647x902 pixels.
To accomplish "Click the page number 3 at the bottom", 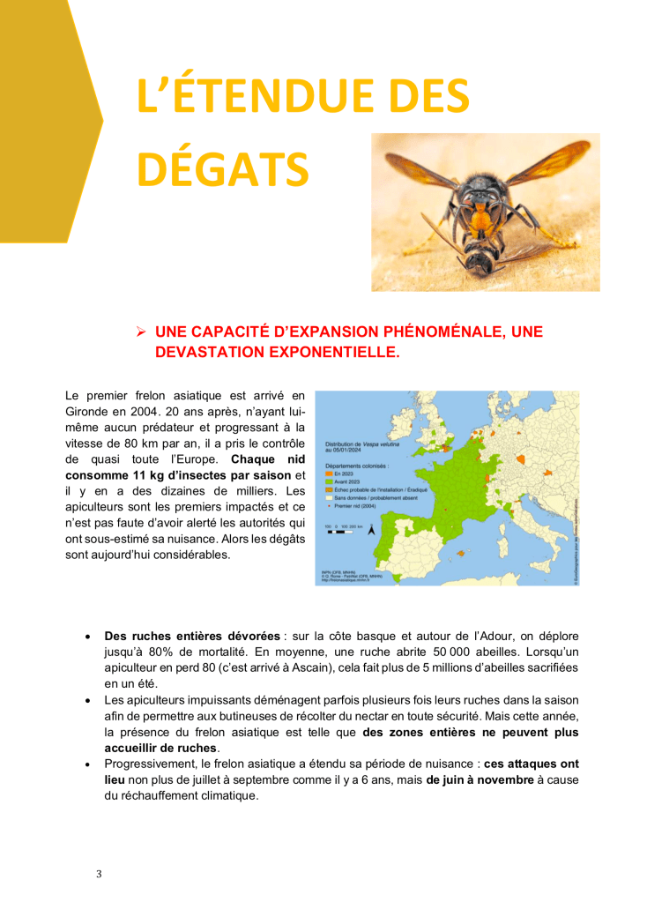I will tap(99, 874).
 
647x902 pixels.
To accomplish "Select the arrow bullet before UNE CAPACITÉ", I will tap(139, 332).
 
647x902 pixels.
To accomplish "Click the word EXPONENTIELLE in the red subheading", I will tap(340, 352).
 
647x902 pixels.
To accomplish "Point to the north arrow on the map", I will tap(371, 531).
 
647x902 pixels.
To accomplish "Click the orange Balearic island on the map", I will tap(459, 553).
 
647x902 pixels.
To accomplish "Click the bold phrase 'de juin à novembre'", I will tap(482, 779).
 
